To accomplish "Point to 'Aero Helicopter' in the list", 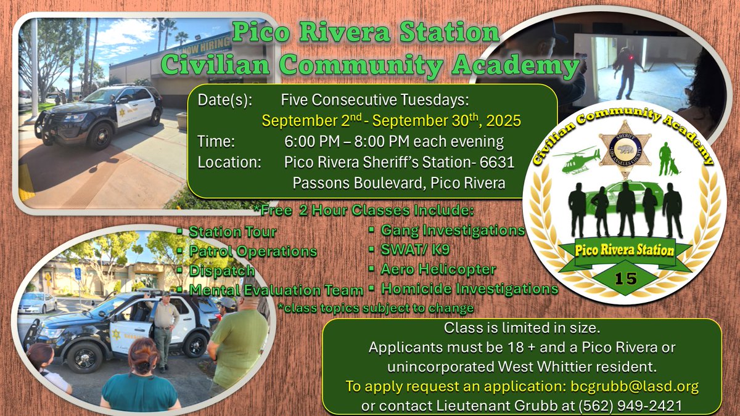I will click(438, 269).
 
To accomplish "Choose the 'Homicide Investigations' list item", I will click(469, 288).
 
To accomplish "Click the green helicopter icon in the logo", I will click(577, 160).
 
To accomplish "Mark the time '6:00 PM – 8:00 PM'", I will click(394, 142).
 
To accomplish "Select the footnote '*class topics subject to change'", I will click(376, 308).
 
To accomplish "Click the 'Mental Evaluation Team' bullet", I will click(276, 290).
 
